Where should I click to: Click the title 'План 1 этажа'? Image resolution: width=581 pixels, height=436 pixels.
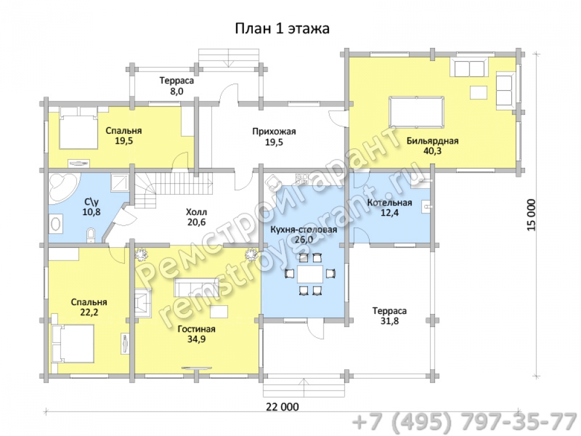(282, 28)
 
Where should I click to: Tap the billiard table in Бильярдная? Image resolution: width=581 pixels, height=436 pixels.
(417, 112)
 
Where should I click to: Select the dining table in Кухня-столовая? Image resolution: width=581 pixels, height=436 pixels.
(310, 274)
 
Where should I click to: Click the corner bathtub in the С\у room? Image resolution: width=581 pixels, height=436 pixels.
(63, 184)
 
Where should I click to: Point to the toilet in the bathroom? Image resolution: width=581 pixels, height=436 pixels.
(91, 236)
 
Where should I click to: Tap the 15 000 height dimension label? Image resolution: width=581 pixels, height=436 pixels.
(532, 215)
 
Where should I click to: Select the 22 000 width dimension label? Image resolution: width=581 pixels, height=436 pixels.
(282, 407)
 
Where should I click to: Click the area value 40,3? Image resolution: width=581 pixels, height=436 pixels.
(432, 151)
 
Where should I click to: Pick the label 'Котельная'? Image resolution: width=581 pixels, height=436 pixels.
(389, 202)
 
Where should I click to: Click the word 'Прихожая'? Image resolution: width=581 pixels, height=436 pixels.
(274, 131)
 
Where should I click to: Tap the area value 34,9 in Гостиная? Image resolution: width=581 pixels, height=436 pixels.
(196, 339)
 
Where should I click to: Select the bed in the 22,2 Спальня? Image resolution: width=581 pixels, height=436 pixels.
(73, 344)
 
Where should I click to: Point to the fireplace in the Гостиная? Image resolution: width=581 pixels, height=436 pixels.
(142, 303)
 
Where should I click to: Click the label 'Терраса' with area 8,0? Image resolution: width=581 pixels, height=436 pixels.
(177, 80)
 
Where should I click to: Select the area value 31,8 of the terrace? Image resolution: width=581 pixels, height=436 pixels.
(389, 321)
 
